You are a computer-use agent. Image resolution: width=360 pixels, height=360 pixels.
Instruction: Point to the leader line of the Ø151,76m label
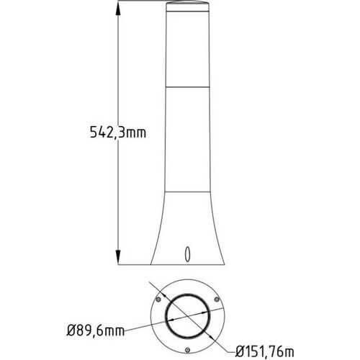(x=220, y=338)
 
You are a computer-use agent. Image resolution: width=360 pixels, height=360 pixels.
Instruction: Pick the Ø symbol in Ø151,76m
(x=242, y=351)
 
